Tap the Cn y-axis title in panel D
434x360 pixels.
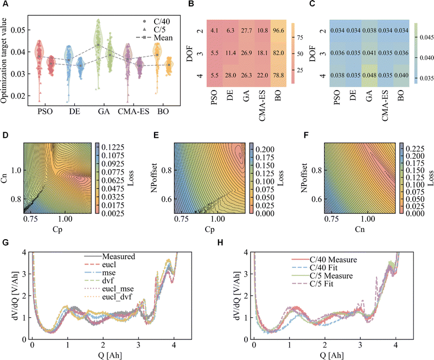(8, 171)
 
